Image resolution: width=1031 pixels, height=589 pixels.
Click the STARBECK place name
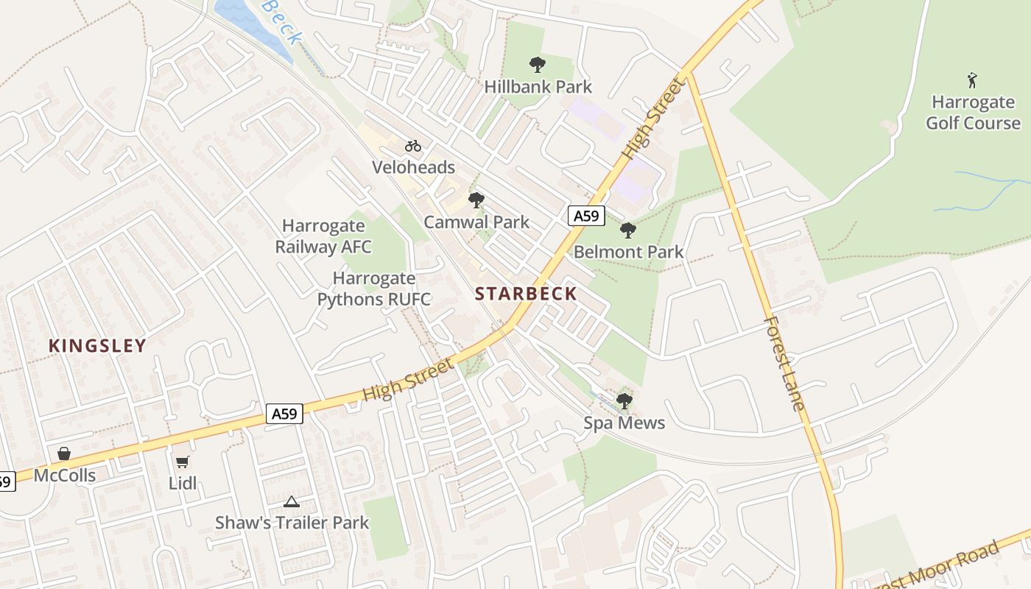[x=526, y=294]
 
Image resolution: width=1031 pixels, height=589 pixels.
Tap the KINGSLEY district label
[x=97, y=345]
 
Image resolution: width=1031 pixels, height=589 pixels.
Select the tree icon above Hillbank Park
[x=538, y=65]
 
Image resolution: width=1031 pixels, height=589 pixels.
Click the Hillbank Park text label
[x=538, y=87]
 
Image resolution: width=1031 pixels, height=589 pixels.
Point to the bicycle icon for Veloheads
[x=413, y=146]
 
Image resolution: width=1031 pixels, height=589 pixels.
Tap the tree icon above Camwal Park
[x=476, y=200]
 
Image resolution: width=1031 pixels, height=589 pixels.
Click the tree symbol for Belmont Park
[x=628, y=230]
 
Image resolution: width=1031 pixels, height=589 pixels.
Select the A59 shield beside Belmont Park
[x=587, y=216]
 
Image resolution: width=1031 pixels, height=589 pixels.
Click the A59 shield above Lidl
[x=284, y=414]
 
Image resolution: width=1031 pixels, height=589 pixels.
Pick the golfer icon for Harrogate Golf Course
[x=973, y=80]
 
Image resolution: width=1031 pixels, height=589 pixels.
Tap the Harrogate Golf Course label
[x=973, y=112]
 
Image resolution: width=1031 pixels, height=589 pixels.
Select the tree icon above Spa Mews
[x=624, y=401]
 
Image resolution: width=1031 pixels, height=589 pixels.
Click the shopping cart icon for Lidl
[x=182, y=462]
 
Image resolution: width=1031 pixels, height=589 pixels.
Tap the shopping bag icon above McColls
[x=64, y=454]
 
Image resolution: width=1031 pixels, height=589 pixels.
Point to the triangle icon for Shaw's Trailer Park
[x=292, y=502]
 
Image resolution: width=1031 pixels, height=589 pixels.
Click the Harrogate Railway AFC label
[x=323, y=236]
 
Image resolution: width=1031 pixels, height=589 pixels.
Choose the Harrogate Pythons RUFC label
[x=374, y=289]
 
